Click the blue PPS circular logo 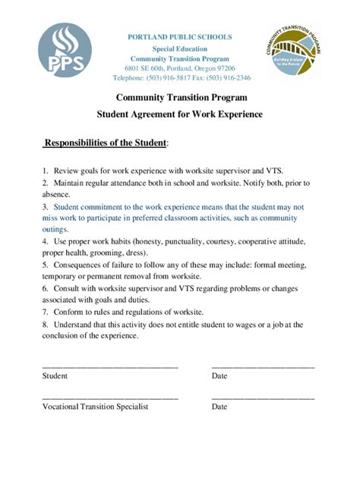65,50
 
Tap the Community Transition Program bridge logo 295,51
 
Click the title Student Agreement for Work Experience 180,114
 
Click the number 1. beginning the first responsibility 46,171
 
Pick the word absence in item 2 55,194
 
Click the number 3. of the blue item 46,206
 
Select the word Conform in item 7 68,312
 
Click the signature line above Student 110,366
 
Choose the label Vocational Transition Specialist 95,406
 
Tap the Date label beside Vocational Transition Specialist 219,406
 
